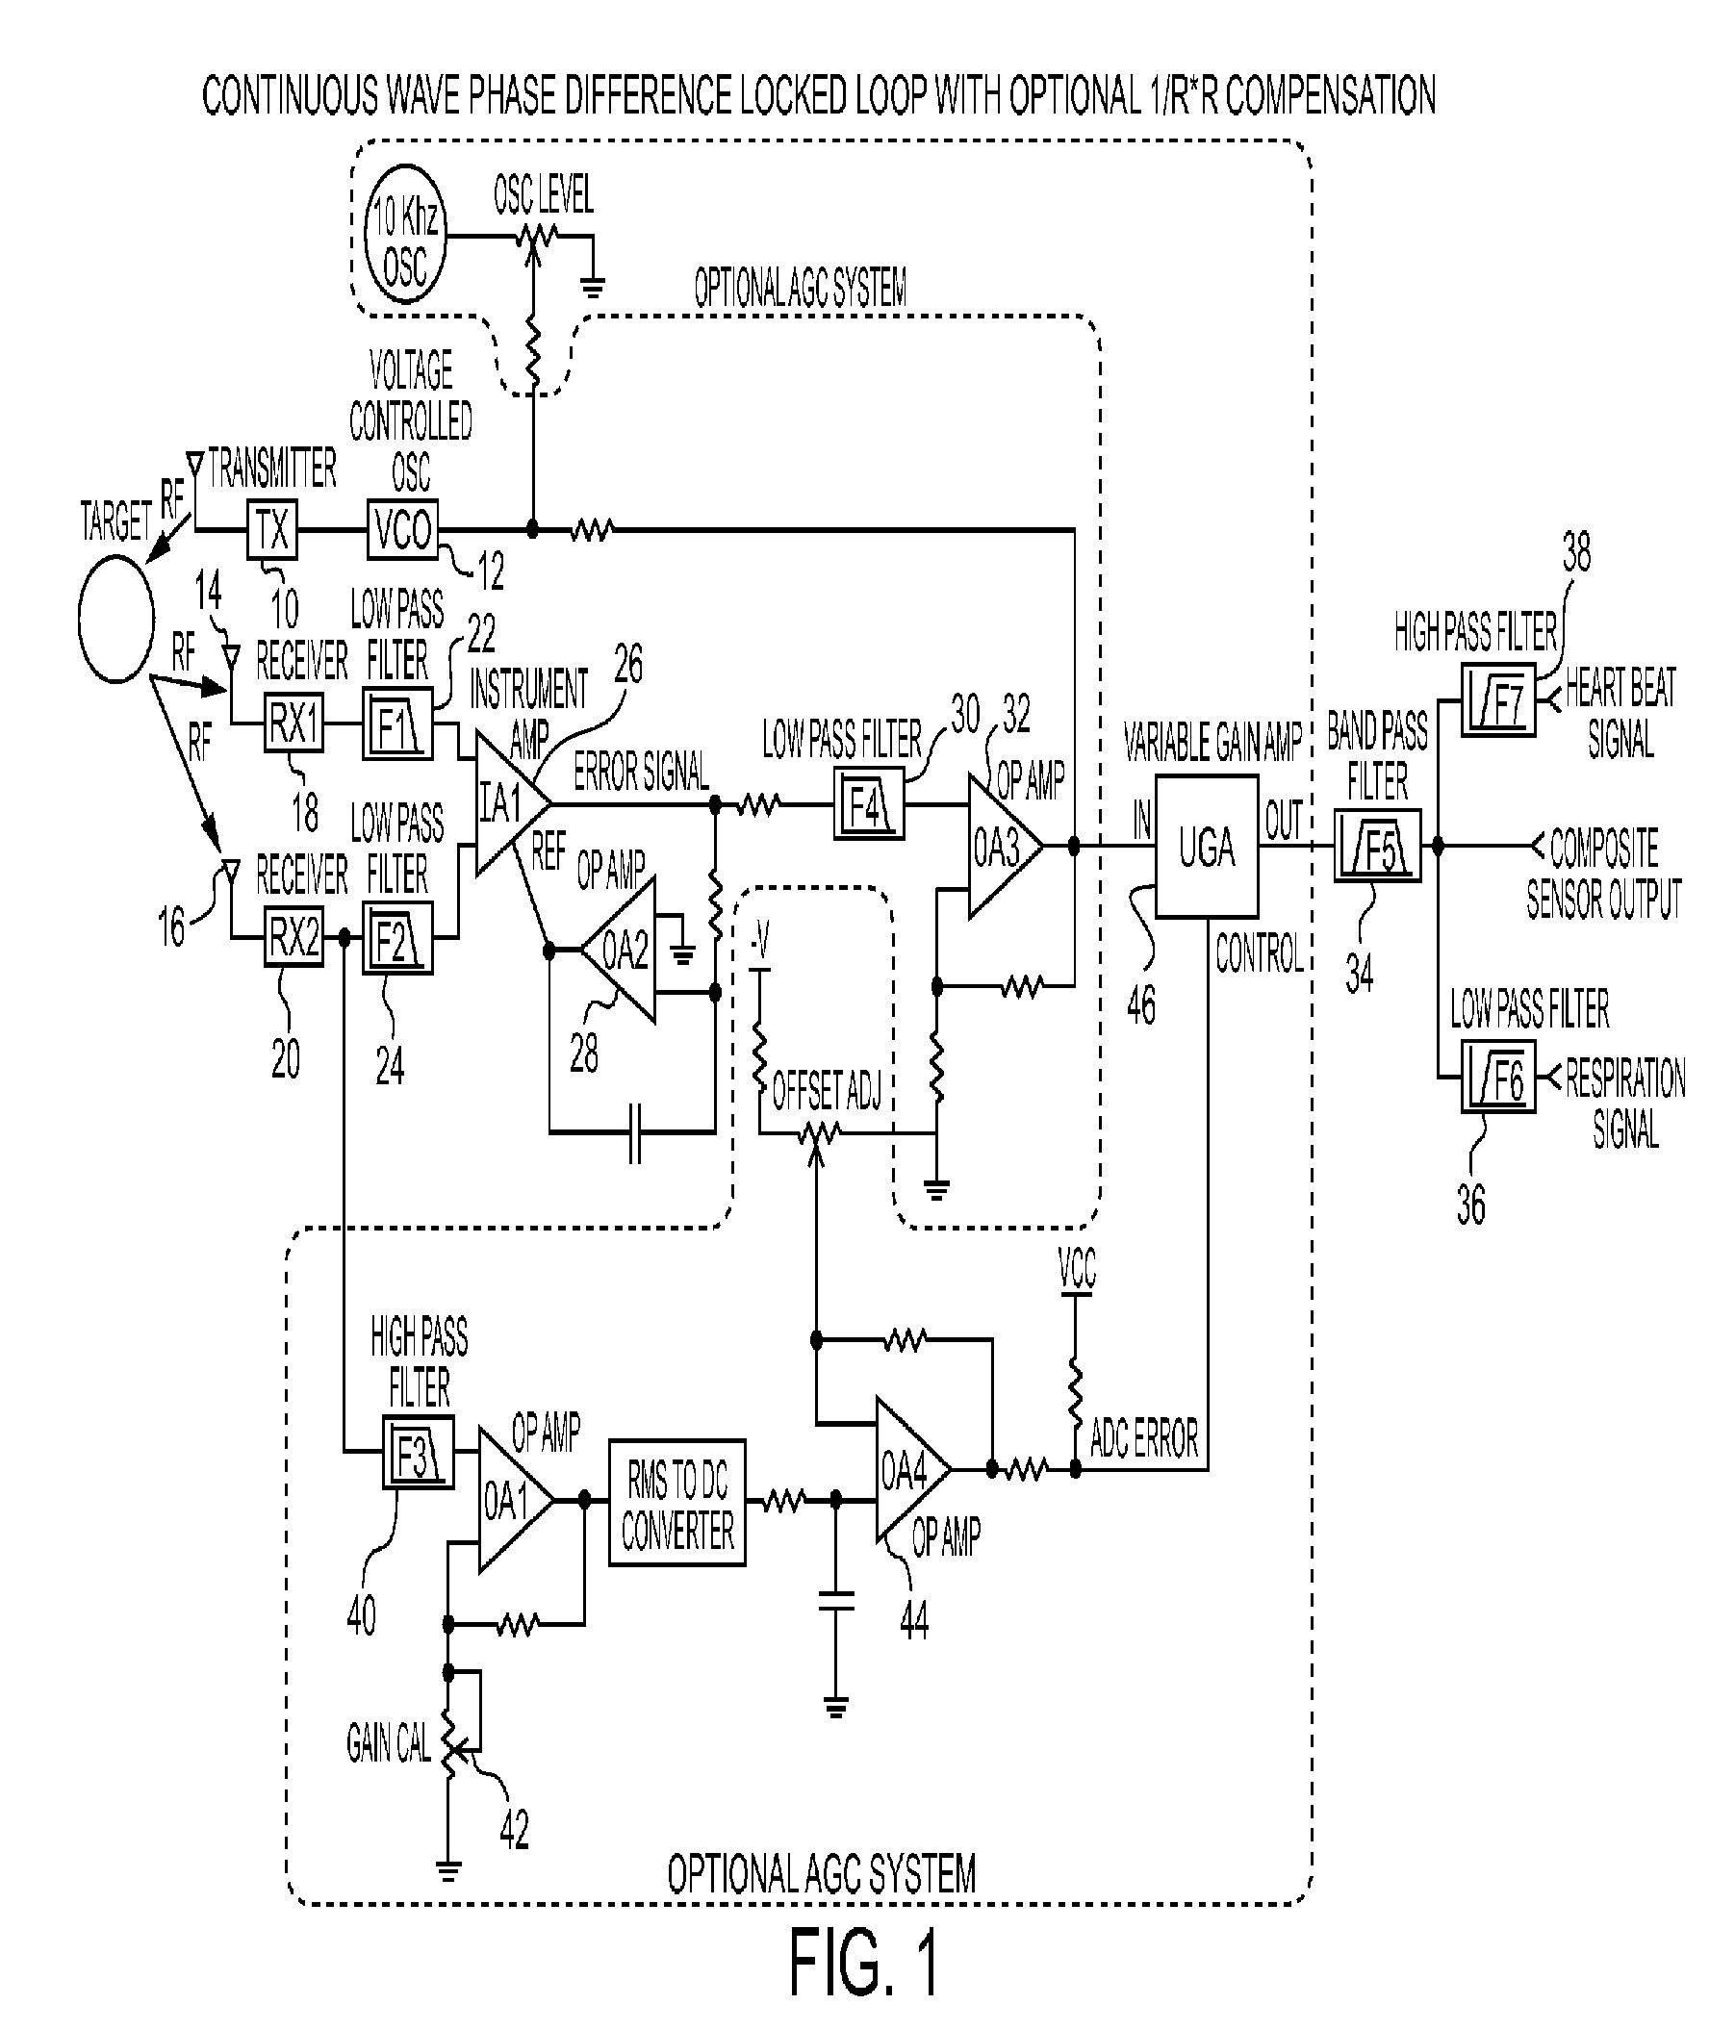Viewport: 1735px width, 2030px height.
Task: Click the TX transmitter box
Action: click(x=272, y=530)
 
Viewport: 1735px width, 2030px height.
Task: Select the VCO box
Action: click(x=402, y=530)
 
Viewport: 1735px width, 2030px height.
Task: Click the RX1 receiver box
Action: click(x=293, y=724)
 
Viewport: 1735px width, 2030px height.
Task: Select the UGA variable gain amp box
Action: click(x=1207, y=847)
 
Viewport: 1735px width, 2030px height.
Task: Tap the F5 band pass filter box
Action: click(x=1377, y=846)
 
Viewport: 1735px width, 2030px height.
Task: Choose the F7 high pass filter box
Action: click(x=1498, y=699)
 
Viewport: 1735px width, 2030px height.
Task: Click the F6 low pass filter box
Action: click(x=1498, y=1077)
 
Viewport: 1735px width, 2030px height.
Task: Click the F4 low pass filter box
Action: click(x=868, y=804)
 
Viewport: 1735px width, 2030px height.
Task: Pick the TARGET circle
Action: click(x=116, y=618)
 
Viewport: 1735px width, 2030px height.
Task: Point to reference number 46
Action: click(x=1141, y=1004)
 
